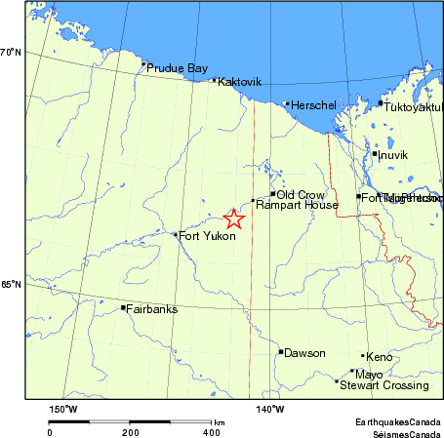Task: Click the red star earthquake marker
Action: click(x=233, y=219)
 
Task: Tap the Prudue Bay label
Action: click(x=177, y=69)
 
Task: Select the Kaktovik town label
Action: click(x=240, y=82)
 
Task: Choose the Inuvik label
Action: click(x=393, y=155)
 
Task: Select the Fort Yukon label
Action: click(x=208, y=235)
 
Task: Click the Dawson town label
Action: click(x=304, y=353)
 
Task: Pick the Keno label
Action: click(x=379, y=357)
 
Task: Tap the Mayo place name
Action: click(x=369, y=374)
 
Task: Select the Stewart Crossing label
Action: click(x=384, y=385)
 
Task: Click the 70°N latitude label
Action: click(x=11, y=52)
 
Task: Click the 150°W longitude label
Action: click(x=64, y=409)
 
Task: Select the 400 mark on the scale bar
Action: click(x=211, y=431)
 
